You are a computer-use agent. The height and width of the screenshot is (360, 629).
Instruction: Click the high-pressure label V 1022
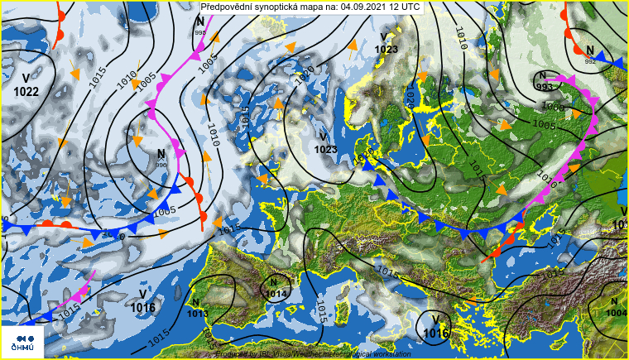pyautogui.click(x=26, y=84)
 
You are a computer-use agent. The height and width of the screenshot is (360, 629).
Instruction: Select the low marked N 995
pyautogui.click(x=199, y=25)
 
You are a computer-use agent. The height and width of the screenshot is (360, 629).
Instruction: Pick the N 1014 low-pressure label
pyautogui.click(x=276, y=288)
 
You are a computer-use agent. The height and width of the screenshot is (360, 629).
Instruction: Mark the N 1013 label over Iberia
pyautogui.click(x=197, y=309)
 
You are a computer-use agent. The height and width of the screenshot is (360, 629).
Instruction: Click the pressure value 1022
pyautogui.click(x=26, y=91)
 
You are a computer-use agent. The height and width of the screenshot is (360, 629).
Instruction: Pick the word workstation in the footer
pyautogui.click(x=389, y=354)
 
